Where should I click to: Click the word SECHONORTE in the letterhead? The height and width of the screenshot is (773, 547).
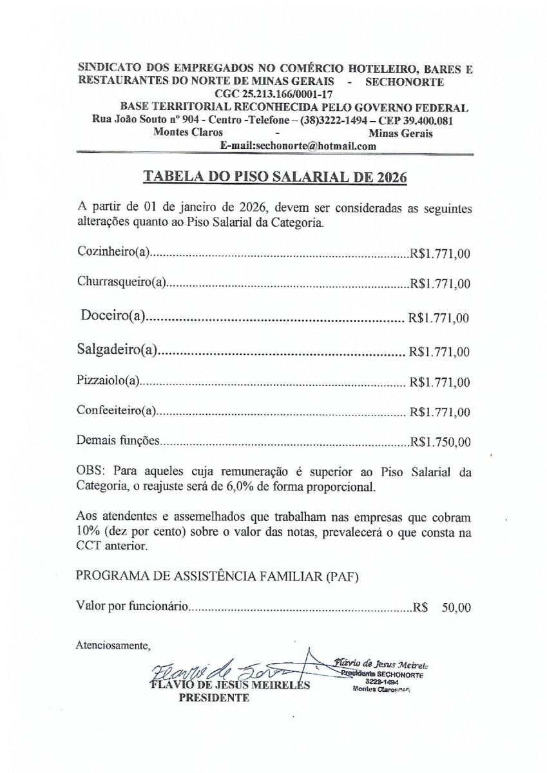click(404, 82)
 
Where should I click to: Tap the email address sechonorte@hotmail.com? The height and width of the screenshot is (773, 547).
click(298, 146)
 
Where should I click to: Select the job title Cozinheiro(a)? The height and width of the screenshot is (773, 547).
click(113, 252)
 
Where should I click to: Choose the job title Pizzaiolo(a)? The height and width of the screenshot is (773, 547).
click(108, 381)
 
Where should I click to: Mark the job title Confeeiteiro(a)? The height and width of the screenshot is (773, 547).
click(117, 411)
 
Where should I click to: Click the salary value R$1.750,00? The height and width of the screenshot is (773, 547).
click(440, 442)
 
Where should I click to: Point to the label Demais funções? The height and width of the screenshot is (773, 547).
click(117, 441)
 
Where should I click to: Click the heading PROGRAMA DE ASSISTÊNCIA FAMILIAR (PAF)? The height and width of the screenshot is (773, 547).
click(218, 575)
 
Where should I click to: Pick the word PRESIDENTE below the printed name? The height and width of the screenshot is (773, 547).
click(213, 698)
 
